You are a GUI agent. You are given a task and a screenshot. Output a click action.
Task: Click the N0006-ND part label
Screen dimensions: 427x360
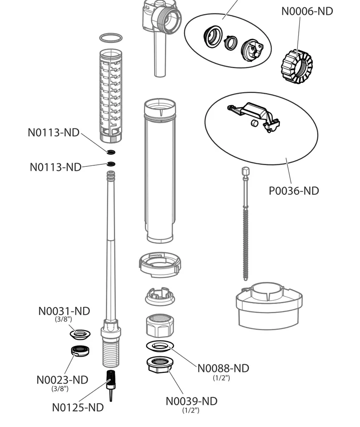point(307,11)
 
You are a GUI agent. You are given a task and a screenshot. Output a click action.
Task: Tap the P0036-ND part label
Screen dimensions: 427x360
point(294,191)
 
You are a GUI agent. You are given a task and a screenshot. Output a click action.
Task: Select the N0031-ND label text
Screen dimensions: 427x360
point(64,311)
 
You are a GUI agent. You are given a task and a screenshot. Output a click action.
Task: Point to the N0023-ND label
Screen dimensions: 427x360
point(62,380)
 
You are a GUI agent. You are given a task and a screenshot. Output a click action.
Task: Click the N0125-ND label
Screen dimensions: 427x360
point(78,407)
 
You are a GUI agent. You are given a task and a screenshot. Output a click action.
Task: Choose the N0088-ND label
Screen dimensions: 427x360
point(223,368)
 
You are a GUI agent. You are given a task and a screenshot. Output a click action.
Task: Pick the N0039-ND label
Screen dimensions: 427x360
point(191,401)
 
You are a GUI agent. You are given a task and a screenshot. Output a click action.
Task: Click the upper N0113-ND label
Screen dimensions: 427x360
point(53,133)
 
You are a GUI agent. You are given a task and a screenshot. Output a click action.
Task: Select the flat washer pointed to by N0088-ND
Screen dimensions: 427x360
point(160,346)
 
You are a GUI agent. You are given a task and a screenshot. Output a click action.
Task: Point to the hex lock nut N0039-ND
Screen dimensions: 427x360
point(160,364)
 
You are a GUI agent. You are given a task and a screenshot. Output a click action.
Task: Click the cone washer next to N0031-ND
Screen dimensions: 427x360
point(80,334)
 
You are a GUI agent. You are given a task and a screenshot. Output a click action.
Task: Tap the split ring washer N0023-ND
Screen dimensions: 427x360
point(79,351)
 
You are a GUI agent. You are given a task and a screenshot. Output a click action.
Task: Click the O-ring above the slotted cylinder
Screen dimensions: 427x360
point(111,38)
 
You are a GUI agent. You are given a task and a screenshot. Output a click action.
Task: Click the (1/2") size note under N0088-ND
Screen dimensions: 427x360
point(222,378)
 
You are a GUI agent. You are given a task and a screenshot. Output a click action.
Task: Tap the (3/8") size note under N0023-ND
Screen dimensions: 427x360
point(60,389)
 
